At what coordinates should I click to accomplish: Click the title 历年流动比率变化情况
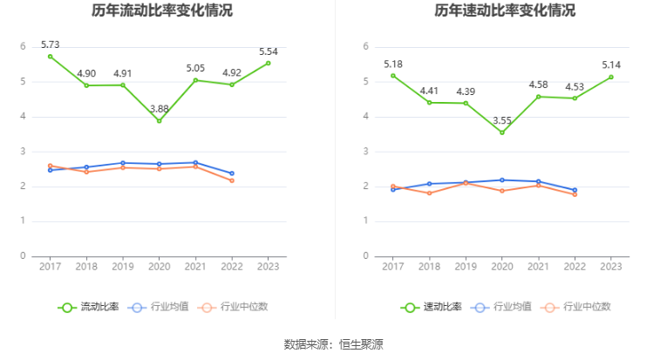click(162, 11)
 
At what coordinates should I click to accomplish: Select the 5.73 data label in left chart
click(50, 44)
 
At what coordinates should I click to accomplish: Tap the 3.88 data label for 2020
click(159, 108)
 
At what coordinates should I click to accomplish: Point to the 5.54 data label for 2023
click(269, 51)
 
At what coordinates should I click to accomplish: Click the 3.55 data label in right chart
click(502, 120)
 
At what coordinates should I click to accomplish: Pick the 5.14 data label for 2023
click(611, 65)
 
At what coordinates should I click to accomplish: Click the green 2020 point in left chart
click(159, 120)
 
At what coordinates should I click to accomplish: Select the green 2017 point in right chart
click(393, 75)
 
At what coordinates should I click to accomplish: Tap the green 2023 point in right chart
click(611, 77)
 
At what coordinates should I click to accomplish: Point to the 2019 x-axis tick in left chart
click(122, 266)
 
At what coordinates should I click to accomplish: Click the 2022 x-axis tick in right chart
click(575, 266)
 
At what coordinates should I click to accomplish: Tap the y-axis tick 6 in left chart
click(24, 46)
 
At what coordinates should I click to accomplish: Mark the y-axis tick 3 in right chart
click(366, 152)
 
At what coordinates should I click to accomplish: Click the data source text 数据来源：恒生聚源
click(333, 344)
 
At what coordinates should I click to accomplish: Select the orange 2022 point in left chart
click(231, 180)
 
